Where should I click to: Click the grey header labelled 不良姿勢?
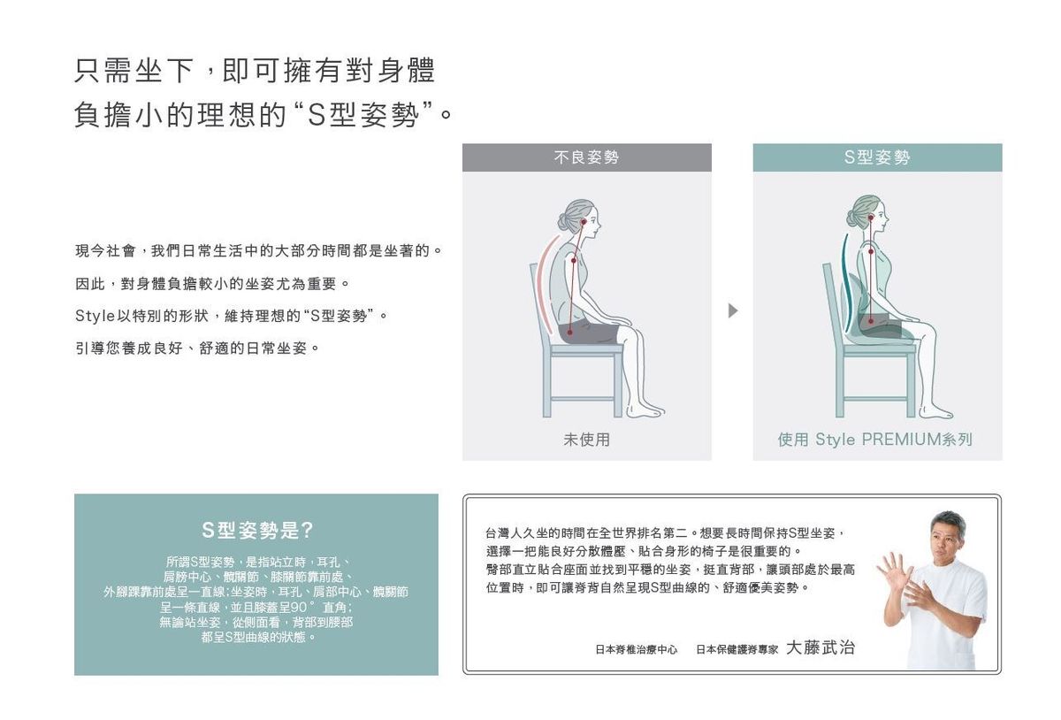(586, 157)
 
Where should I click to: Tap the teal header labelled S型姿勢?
(877, 157)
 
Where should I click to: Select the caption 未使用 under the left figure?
(586, 440)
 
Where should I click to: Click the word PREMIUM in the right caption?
(901, 440)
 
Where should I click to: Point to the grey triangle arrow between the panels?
(733, 311)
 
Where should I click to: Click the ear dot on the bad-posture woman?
(584, 222)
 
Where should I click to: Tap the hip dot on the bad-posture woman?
(569, 333)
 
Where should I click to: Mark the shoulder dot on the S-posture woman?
(871, 252)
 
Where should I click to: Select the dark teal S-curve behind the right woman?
(844, 285)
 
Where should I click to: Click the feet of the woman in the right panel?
(936, 411)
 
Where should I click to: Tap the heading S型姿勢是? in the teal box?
(257, 530)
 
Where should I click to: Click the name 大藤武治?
(821, 647)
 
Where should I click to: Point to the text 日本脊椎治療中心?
(636, 649)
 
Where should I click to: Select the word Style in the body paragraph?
(95, 316)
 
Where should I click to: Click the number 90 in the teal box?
(299, 607)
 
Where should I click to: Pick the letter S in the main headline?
(316, 115)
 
